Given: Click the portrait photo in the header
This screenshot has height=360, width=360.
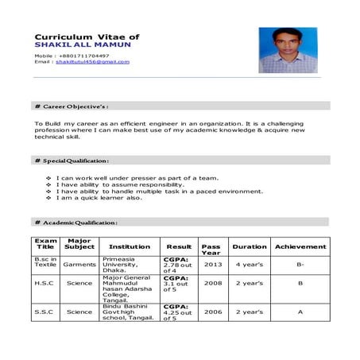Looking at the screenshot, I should click(x=283, y=50).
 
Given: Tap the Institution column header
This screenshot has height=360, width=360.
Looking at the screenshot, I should click(x=130, y=246).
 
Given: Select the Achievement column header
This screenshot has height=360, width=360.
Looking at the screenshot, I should click(x=300, y=246).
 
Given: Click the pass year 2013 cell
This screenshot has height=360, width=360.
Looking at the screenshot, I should click(x=212, y=264).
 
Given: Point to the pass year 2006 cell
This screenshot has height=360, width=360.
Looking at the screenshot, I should click(x=212, y=312).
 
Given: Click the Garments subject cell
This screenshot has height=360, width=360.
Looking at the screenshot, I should click(x=79, y=264).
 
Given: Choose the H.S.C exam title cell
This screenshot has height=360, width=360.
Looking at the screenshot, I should click(x=45, y=282).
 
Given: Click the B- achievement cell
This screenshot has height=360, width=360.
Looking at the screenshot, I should click(x=300, y=264).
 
